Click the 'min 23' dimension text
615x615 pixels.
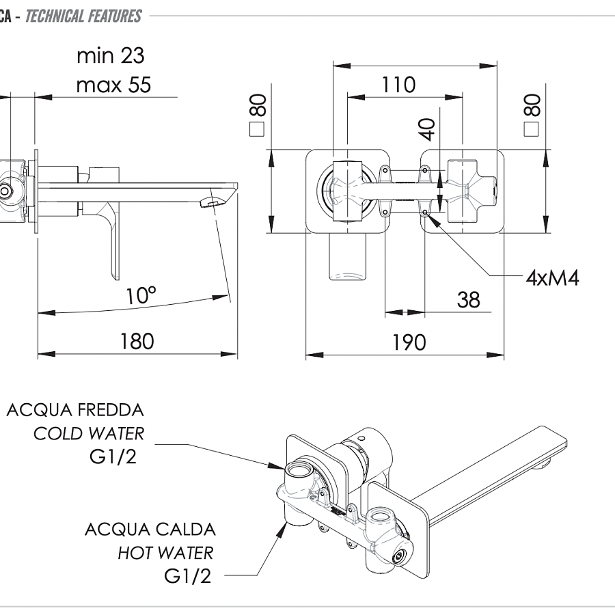[x=111, y=55]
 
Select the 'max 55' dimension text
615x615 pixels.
[x=113, y=85]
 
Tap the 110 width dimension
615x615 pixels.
[x=398, y=85]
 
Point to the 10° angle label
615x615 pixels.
[x=141, y=296]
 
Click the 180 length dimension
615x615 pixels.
[x=137, y=340]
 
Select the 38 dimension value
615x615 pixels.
[x=468, y=299]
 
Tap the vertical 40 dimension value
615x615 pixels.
[x=427, y=130]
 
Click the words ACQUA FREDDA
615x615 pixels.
[x=75, y=410]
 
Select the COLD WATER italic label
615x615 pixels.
[x=89, y=433]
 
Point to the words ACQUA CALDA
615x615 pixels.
[x=150, y=529]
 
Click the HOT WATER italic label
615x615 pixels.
[x=165, y=552]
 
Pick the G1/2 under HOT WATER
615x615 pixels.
[x=188, y=576]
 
